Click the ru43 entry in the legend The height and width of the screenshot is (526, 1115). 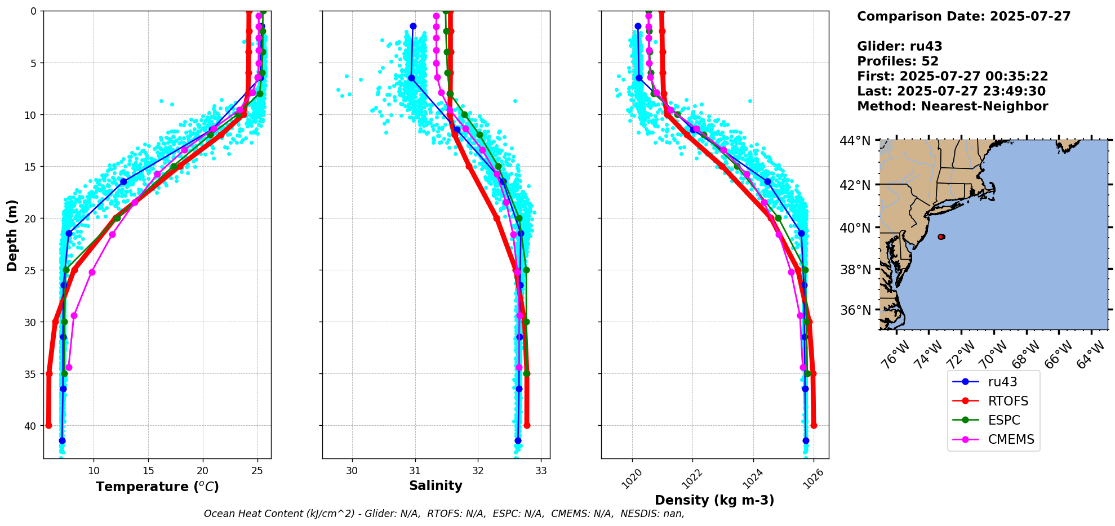click(x=1002, y=382)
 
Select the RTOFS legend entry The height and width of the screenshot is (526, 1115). click(x=1008, y=401)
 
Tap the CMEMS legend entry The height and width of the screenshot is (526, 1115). click(x=1011, y=439)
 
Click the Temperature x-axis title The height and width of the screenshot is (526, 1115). click(x=157, y=487)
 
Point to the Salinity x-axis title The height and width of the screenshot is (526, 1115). click(x=436, y=485)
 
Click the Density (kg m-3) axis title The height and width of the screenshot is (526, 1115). click(x=714, y=500)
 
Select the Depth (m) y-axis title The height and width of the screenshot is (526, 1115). click(x=12, y=235)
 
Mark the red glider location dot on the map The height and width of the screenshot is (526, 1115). click(x=941, y=237)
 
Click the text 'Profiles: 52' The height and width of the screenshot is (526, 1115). click(x=898, y=61)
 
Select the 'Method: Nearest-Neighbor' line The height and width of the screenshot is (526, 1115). click(x=952, y=106)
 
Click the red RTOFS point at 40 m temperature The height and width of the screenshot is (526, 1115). click(x=48, y=426)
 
